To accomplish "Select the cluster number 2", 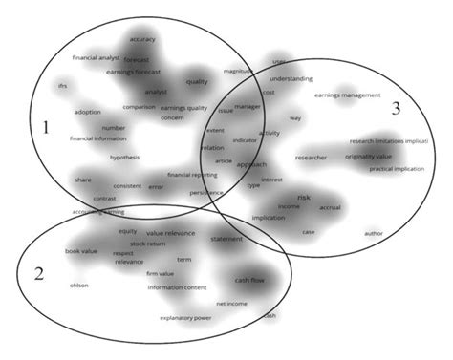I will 38,274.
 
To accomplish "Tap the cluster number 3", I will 395,108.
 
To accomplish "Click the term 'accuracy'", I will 142,39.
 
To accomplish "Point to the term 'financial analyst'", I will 96,57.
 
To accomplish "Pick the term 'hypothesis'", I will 124,157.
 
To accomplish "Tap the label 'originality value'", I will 368,156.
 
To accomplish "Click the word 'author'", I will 374,233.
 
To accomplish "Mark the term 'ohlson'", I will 79,285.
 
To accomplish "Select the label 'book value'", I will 81,251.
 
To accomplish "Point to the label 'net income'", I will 231,303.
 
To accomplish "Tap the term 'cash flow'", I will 250,280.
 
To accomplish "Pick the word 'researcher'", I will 311,157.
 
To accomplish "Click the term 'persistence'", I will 205,192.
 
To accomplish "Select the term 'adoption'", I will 87,112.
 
